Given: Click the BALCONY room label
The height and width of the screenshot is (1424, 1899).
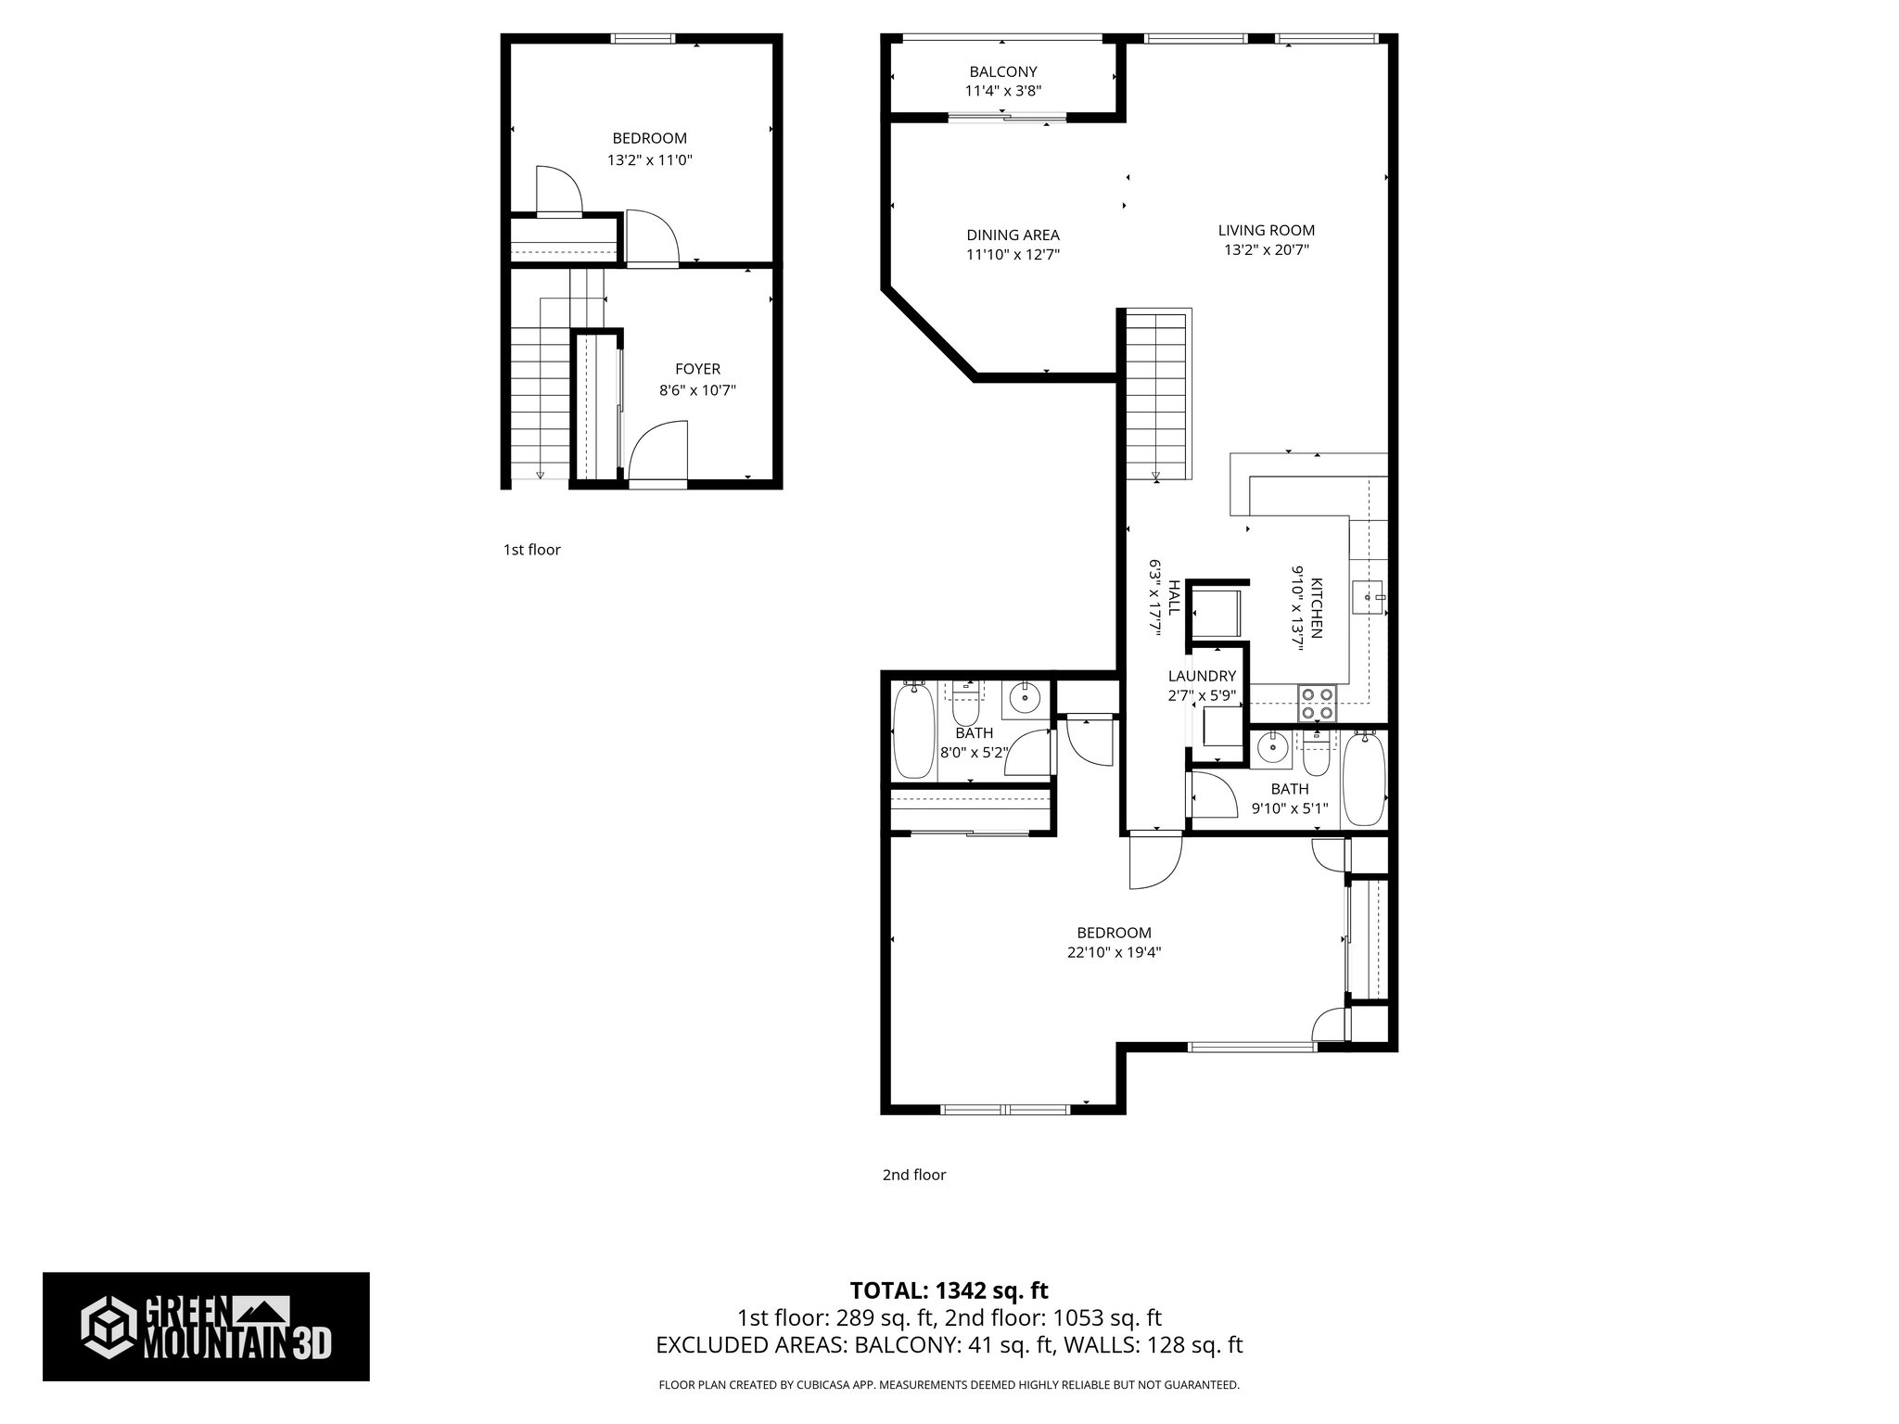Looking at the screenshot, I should [1002, 71].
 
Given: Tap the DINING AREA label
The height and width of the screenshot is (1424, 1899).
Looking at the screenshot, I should [1013, 235].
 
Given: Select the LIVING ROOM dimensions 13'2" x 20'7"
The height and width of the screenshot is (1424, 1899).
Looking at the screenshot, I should [1266, 249].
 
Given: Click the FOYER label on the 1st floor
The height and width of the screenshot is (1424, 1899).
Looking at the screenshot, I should [697, 369].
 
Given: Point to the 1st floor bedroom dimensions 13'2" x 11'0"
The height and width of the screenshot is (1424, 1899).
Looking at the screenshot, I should [650, 159].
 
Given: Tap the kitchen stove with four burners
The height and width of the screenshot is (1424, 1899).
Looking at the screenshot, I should [1318, 702].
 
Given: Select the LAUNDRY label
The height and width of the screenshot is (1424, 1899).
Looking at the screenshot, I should [1202, 676].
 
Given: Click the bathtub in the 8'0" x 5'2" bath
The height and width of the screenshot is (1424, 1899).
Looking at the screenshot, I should [913, 731].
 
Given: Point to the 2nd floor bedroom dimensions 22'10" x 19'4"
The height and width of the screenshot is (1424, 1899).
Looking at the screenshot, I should [1114, 952].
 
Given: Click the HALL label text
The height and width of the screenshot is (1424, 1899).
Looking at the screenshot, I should [1174, 599].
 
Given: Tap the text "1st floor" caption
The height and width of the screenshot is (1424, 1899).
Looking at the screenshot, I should [531, 550].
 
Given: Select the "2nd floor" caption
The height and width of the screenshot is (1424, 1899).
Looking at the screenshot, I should [913, 1175].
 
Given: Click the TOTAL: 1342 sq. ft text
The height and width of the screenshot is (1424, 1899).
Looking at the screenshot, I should [949, 1290].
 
